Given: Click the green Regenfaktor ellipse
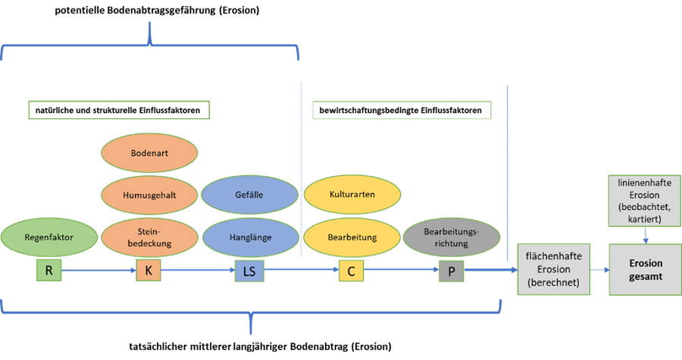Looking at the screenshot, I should (x=49, y=237).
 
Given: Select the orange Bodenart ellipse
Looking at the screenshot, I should (x=149, y=153).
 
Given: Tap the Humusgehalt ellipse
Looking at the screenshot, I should (x=149, y=195).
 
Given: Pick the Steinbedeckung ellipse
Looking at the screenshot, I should (x=149, y=237).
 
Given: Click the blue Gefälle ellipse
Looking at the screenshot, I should (x=250, y=195).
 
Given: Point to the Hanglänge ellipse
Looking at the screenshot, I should (x=250, y=237).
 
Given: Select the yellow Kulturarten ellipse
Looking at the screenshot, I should (x=352, y=195).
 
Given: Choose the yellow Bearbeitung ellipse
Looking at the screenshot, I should (x=352, y=237).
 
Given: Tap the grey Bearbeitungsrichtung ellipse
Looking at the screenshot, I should (x=452, y=237).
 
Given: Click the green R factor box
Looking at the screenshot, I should (x=49, y=269).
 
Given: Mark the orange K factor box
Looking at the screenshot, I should (x=149, y=270).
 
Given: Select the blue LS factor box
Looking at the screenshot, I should (x=250, y=270).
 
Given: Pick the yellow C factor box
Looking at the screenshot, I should (x=352, y=270).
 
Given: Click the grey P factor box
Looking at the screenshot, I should (x=452, y=270).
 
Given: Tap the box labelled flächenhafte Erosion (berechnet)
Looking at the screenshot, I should (x=553, y=270).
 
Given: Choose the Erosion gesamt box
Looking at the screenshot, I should (x=646, y=270).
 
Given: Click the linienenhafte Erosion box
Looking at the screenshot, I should (x=646, y=199).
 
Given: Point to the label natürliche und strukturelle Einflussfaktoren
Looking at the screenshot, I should (x=118, y=111).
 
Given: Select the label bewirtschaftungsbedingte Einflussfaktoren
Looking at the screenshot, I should (x=402, y=111).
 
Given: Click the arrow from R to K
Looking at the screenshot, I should (x=99, y=270).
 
